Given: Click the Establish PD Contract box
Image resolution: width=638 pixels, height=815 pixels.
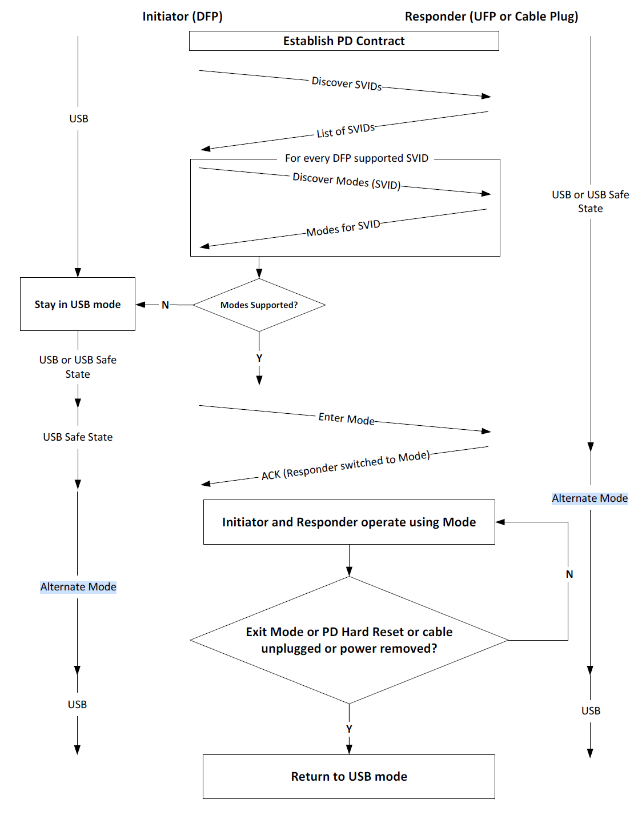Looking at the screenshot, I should coord(344,41).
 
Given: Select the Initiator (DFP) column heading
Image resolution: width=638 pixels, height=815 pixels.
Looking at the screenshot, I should coord(182,17).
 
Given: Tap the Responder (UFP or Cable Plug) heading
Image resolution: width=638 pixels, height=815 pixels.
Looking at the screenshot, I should coord(491,17).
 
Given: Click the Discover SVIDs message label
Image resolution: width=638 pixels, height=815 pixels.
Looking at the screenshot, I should coord(347,83).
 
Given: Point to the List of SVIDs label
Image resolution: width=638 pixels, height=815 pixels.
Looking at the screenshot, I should coord(346,131).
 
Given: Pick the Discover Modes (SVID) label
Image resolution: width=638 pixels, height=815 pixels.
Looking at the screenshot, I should coord(346,181).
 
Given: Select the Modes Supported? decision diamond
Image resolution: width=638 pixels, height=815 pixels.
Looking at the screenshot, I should coord(259,305).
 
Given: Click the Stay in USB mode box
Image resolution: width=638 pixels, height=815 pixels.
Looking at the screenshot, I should coord(78,305).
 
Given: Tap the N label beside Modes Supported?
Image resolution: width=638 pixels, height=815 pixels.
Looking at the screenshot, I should coord(165,305).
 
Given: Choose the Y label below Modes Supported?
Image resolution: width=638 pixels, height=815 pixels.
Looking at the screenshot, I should coord(259,358).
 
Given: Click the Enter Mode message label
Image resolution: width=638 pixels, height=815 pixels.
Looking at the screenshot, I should coord(346,419).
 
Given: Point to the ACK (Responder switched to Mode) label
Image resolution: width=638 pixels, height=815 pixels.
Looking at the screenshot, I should coord(345,466).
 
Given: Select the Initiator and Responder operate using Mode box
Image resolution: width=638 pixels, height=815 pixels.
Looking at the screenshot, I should coord(349,522).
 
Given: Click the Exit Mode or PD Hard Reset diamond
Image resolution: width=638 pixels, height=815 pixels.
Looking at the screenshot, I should coord(349,640).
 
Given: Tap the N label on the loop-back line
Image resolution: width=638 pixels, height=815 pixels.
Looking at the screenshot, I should coord(569,574).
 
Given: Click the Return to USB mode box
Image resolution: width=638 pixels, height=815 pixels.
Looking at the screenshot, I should coord(349,777).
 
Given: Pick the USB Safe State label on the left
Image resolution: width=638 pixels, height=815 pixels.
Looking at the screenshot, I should coord(78,437).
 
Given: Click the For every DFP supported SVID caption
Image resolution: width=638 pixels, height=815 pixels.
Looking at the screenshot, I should coord(356,158).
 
